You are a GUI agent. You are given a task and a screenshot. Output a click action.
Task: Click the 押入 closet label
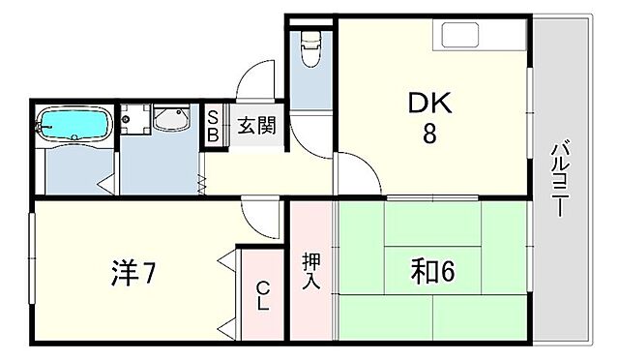[x=311, y=272]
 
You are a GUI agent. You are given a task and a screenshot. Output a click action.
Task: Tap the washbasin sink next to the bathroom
[x=173, y=122]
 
